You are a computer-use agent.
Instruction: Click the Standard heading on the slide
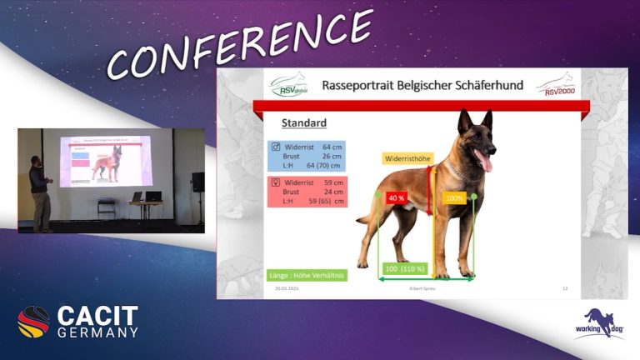click(303, 123)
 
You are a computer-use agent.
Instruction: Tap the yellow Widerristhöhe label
click(407, 157)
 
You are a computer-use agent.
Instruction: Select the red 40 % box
click(396, 198)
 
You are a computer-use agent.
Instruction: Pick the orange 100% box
click(454, 198)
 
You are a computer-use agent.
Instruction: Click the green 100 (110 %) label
click(406, 268)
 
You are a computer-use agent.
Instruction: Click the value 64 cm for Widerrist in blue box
click(332, 147)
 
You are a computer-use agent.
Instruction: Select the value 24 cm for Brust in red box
click(332, 191)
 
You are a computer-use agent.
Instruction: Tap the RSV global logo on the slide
click(289, 85)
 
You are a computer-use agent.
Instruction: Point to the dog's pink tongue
click(487, 162)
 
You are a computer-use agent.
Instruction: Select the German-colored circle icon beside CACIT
click(34, 322)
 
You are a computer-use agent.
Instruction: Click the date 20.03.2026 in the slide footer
click(287, 289)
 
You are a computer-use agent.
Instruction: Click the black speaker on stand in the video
click(197, 182)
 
